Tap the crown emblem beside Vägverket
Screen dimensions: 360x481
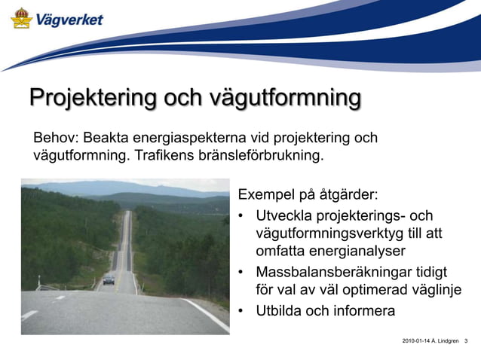click(x=21, y=18)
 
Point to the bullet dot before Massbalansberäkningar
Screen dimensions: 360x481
click(x=241, y=272)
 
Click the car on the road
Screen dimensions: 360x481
click(x=109, y=279)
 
